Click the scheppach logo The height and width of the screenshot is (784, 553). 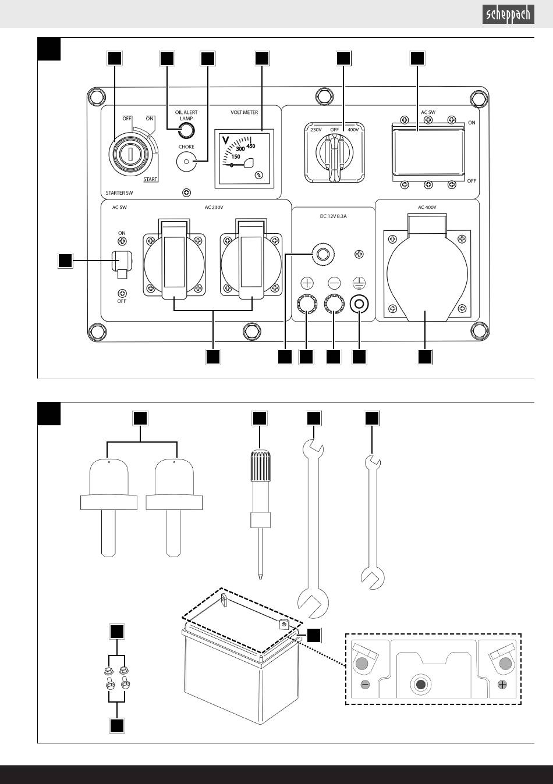point(508,15)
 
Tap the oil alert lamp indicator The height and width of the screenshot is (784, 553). point(186,130)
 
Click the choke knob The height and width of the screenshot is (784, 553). point(186,162)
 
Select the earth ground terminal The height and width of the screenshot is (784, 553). point(359,304)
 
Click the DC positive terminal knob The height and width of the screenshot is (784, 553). point(307,304)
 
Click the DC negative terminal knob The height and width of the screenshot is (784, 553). point(334,304)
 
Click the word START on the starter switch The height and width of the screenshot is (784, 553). point(150,179)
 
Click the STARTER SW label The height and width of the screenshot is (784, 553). point(119,193)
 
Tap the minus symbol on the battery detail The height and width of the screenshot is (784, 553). point(365,685)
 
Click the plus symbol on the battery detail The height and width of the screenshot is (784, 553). point(502,685)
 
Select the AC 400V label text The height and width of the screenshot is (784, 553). point(427,208)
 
